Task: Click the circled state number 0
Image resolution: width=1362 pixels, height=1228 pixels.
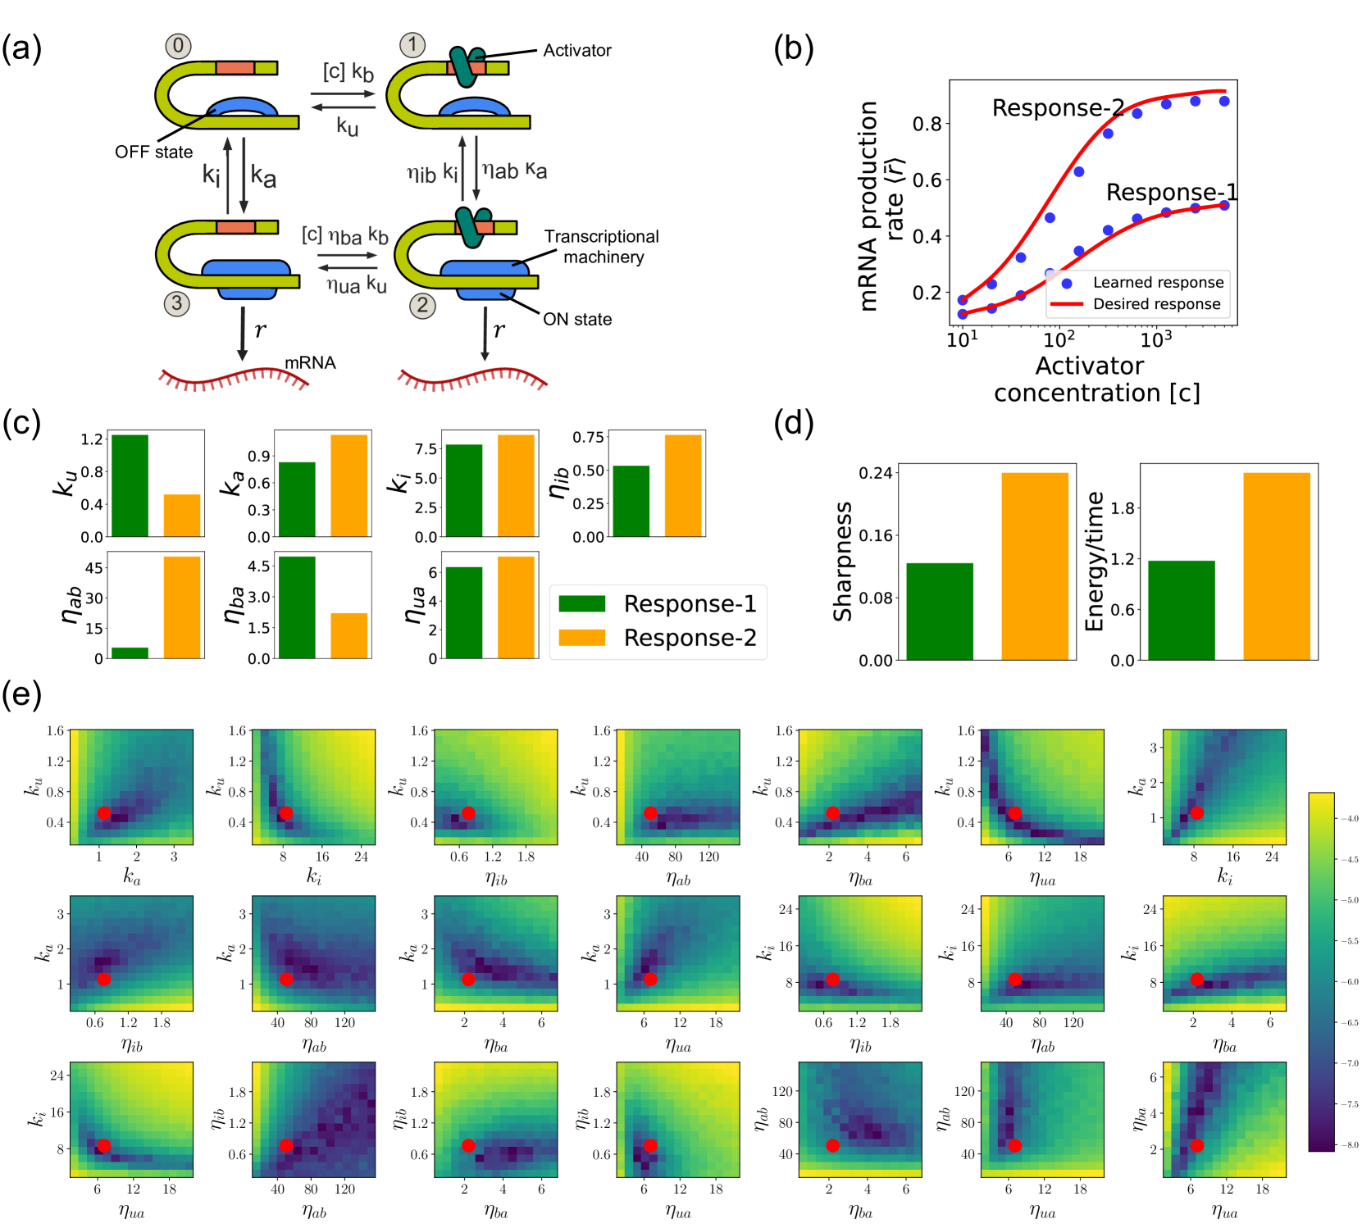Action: click(178, 46)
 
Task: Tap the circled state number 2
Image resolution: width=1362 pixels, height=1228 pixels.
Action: click(422, 306)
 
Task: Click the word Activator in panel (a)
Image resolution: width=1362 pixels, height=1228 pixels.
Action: click(577, 50)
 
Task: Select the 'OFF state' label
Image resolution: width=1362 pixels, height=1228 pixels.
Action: click(153, 152)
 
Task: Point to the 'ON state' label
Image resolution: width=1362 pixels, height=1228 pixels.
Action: click(577, 319)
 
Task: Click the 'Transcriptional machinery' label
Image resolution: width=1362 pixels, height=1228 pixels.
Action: click(602, 247)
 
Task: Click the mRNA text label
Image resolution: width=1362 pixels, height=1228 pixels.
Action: click(310, 362)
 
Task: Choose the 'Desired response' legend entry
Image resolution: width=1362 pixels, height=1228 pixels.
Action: click(1156, 304)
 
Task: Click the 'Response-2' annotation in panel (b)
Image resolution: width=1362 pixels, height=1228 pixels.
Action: click(1058, 108)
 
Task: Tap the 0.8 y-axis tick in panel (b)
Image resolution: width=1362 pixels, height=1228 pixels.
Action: click(927, 124)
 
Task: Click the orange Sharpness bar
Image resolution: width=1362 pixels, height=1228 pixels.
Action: click(1034, 566)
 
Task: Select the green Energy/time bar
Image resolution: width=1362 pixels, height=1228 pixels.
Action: click(1181, 610)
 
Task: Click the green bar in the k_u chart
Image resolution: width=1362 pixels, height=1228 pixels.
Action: click(130, 485)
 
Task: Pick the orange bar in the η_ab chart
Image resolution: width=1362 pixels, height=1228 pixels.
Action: click(182, 607)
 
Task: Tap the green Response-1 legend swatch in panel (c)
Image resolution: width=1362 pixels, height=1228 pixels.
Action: click(581, 604)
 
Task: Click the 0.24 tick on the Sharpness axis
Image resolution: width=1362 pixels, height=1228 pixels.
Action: click(875, 473)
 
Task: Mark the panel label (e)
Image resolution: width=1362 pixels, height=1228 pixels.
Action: click(21, 694)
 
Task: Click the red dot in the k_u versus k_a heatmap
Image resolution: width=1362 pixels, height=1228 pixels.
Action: click(104, 813)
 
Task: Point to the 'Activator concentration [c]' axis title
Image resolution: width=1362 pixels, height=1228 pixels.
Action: click(1096, 379)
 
